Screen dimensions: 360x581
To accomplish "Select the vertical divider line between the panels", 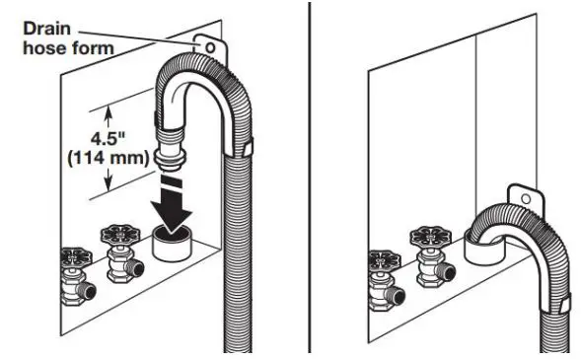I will pyautogui.click(x=312, y=178).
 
